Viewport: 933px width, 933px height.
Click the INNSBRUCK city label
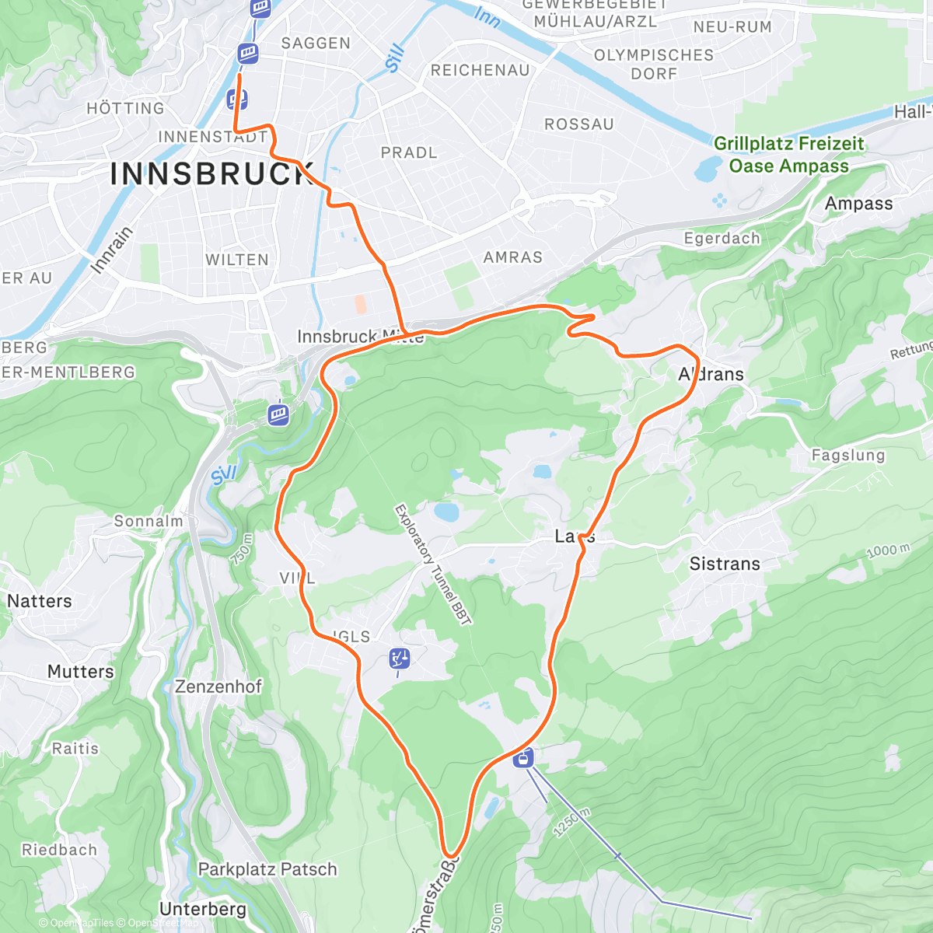pos(211,174)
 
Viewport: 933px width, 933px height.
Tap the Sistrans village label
pos(725,564)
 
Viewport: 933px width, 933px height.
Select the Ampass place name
pos(858,204)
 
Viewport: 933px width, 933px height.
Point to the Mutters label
pos(80,671)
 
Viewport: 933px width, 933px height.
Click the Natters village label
pos(39,601)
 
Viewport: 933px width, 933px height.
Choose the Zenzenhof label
pos(218,687)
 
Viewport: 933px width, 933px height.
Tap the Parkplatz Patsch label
pos(267,869)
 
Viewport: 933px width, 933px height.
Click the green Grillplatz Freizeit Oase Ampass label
pos(788,155)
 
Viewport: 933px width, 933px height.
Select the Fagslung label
pos(848,456)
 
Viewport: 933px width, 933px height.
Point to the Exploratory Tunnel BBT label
pos(432,564)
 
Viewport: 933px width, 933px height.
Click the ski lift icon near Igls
pos(400,659)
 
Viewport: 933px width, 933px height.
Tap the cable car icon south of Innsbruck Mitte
pos(278,414)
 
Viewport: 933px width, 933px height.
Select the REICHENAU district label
pos(480,71)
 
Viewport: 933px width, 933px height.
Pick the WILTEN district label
pos(237,260)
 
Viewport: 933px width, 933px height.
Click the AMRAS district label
pos(512,257)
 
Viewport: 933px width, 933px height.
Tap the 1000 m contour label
pos(888,551)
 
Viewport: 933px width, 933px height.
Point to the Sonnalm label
pos(148,521)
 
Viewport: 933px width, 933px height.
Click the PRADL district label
pos(409,153)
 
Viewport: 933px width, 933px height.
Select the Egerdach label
pos(722,239)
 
